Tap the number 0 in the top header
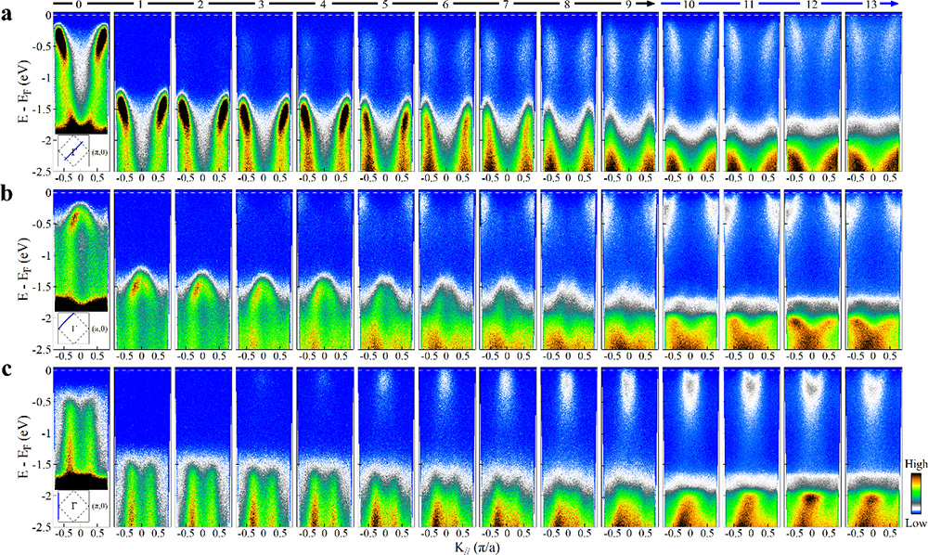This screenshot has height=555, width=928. (81, 6)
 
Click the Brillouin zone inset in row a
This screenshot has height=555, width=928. (81, 150)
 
